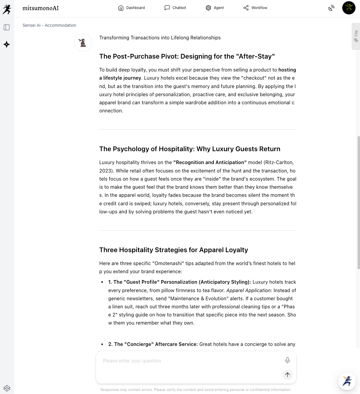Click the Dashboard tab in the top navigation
[131, 8]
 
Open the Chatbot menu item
[175, 8]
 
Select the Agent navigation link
[215, 8]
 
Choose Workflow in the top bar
[255, 8]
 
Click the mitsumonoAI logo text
[41, 8]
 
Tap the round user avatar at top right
[349, 8]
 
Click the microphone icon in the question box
[287, 360]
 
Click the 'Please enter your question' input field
[189, 361]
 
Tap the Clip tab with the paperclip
[356, 36]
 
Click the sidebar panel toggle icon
[7, 27]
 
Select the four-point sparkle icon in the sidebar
[7, 44]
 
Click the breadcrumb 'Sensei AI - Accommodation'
[49, 25]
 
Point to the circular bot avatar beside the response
[83, 43]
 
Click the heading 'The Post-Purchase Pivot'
[187, 57]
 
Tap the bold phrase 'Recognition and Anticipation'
[210, 162]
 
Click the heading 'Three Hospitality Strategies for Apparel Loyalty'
[174, 250]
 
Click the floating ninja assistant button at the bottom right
[347, 381]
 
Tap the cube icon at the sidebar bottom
[7, 388]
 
